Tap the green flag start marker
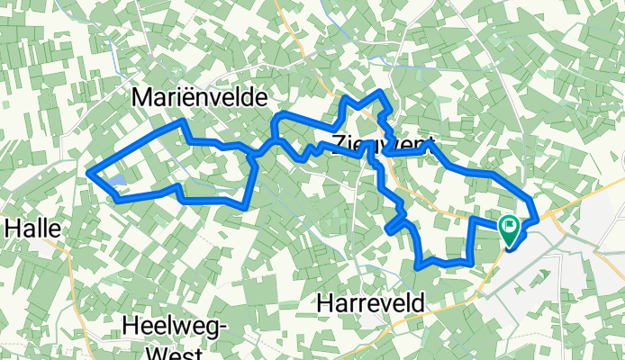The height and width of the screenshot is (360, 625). pos(509,230)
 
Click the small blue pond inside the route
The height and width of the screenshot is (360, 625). pos(116,184)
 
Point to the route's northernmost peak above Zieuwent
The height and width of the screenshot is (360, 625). pos(385,94)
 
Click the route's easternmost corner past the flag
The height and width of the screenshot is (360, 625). pos(537,218)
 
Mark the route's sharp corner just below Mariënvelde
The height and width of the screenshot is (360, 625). pos(184,121)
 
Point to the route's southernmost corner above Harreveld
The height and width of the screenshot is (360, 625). pos(418,266)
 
